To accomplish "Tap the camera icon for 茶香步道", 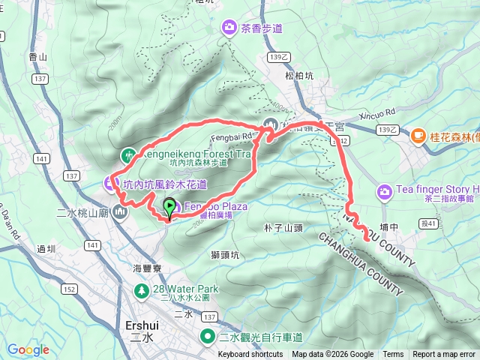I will pyautogui.click(x=228, y=28).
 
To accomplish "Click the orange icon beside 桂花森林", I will pyautogui.click(x=418, y=136).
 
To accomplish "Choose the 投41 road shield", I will pyautogui.click(x=428, y=223).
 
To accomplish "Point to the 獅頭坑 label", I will pyautogui.click(x=224, y=255).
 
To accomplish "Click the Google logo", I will pyautogui.click(x=28, y=349).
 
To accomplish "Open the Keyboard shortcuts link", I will pyautogui.click(x=250, y=355).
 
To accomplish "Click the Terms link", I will pyautogui.click(x=393, y=355).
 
